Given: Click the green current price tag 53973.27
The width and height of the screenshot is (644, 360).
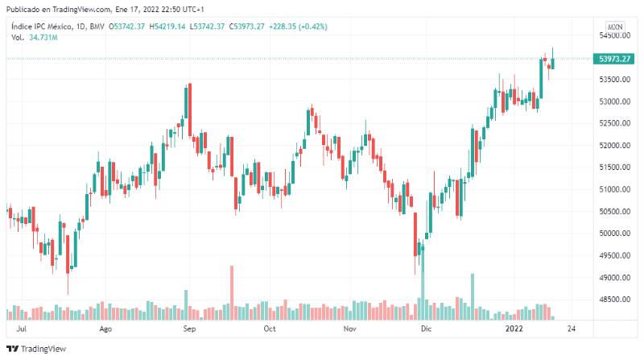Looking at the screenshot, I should click(x=614, y=59).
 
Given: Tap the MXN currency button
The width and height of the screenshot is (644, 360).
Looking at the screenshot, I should click(x=615, y=27).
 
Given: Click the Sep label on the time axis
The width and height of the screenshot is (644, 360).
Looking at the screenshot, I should click(x=189, y=329).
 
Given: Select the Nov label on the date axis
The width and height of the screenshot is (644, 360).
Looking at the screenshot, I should click(x=349, y=329).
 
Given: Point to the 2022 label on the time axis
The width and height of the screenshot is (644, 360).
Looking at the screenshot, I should click(x=514, y=329).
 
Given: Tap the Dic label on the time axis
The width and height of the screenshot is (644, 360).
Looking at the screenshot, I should click(x=426, y=329).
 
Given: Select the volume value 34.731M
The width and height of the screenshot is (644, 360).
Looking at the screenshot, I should click(x=43, y=37).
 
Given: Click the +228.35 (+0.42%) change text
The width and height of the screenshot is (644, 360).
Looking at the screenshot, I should click(x=298, y=27).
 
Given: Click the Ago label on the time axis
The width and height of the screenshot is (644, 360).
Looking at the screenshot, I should click(x=105, y=329).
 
